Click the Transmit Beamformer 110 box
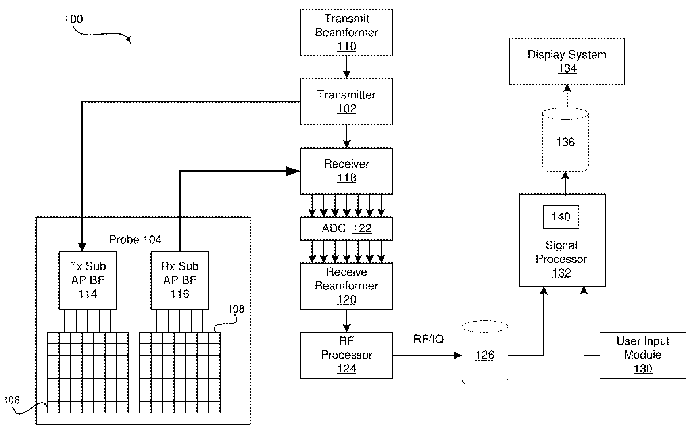(346, 33)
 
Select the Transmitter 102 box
(346, 102)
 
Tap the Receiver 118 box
(346, 171)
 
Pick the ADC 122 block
(346, 228)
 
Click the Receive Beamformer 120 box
(346, 286)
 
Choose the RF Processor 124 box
(346, 355)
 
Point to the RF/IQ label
(429, 339)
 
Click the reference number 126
(484, 355)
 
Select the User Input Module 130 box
(642, 355)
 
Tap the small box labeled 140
(561, 217)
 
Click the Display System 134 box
(567, 62)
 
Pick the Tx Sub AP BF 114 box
(88, 280)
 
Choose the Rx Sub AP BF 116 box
(180, 280)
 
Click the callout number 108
(236, 309)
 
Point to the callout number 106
(12, 400)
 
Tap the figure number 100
(73, 19)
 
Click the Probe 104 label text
(135, 240)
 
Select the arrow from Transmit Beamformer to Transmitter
(347, 67)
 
